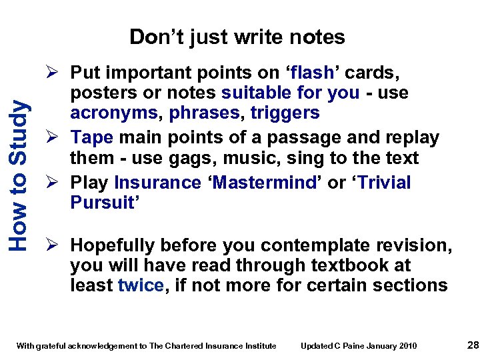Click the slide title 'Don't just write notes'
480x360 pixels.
point(237,37)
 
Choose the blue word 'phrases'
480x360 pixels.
point(206,113)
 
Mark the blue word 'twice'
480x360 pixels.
point(139,285)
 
